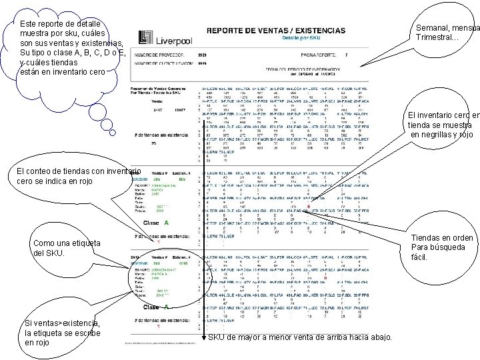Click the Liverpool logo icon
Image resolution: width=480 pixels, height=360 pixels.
click(x=145, y=39)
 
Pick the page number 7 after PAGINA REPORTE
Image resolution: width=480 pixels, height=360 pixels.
click(x=346, y=54)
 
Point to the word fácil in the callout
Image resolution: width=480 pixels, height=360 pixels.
click(x=419, y=257)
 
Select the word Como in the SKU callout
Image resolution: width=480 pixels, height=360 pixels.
click(x=43, y=244)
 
